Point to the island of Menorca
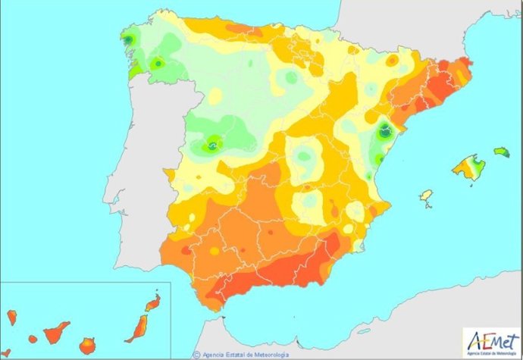pyautogui.click(x=501, y=152)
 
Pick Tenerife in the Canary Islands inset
pyautogui.click(x=56, y=330)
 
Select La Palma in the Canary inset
pyautogui.click(x=12, y=315)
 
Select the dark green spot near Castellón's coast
pyautogui.click(x=385, y=130)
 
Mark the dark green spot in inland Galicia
pyautogui.click(x=158, y=64)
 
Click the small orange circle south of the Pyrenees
pyautogui.click(x=392, y=61)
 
